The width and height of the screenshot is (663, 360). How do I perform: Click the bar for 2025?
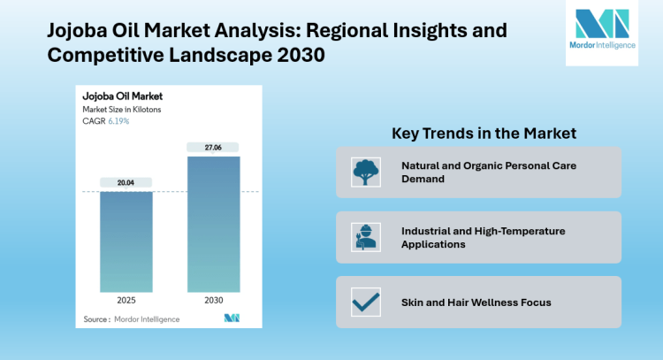point(126,241)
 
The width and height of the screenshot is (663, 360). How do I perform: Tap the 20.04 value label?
point(126,183)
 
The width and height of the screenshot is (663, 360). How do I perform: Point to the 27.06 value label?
point(213,147)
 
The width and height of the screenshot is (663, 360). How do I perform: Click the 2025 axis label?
point(126,300)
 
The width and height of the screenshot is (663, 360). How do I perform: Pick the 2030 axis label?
point(213,300)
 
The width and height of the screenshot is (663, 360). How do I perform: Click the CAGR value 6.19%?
point(118,120)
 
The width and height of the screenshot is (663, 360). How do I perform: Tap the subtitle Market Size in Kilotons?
point(122,109)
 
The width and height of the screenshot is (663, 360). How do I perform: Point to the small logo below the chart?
point(232,318)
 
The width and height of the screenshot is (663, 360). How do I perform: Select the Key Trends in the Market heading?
point(484,133)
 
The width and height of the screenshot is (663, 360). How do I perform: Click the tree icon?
point(362,172)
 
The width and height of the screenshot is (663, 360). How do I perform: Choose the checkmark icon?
point(362,303)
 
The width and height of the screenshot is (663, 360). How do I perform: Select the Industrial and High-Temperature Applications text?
point(483,237)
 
